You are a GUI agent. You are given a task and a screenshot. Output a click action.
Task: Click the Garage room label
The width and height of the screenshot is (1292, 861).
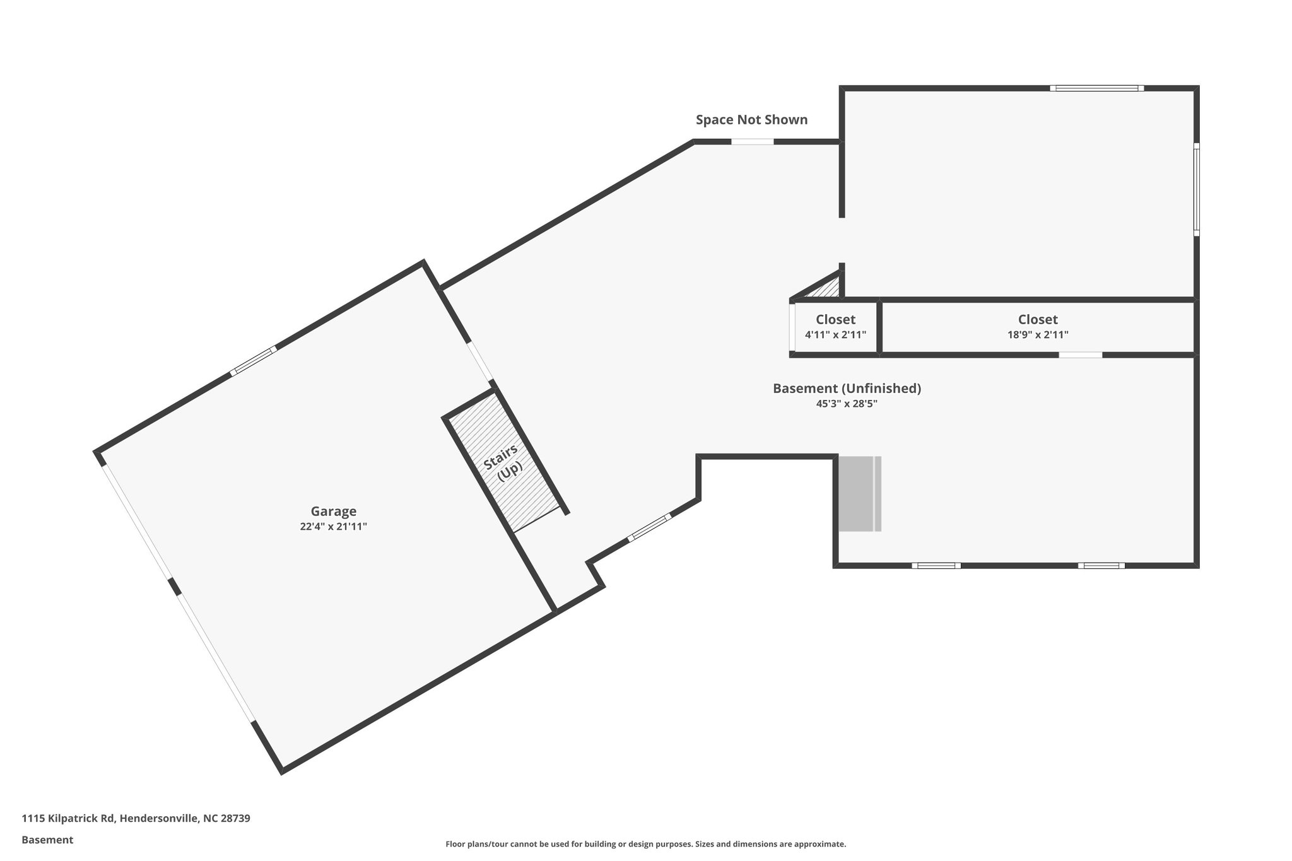coord(333,512)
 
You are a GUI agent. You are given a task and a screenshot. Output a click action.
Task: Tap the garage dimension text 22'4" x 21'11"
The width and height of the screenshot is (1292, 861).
coord(333,527)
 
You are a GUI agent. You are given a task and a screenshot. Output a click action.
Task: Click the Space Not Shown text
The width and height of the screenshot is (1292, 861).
coord(751,120)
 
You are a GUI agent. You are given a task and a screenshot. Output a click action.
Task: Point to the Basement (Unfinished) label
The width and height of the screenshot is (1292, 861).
coord(847,389)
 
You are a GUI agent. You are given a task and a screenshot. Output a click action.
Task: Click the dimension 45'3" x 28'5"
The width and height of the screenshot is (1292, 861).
coord(847,404)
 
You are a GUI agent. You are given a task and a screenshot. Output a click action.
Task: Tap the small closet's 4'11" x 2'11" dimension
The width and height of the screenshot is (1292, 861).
coord(835,335)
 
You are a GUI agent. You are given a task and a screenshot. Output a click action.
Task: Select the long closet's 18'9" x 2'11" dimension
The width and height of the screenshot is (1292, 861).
coord(1038,335)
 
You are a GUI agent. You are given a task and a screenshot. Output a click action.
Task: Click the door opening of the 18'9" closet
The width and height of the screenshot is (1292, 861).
coord(1080,355)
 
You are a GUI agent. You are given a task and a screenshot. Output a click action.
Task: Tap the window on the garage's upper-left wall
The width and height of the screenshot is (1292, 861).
coord(253,361)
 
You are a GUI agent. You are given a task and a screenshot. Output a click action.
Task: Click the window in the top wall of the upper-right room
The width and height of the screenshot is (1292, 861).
coord(1097,88)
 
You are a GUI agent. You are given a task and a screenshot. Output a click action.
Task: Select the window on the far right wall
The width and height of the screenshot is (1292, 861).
coord(1196,189)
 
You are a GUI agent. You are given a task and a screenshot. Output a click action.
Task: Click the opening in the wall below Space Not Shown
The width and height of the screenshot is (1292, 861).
coord(752,142)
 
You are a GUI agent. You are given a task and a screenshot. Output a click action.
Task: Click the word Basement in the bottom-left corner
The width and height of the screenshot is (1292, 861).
coord(47,840)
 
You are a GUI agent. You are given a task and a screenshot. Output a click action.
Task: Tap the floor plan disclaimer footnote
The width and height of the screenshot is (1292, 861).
coord(645,844)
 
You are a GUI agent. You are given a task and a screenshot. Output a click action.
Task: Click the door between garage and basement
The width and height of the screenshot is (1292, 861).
coord(480,361)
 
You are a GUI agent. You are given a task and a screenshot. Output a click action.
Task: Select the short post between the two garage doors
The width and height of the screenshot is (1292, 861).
coord(174,587)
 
